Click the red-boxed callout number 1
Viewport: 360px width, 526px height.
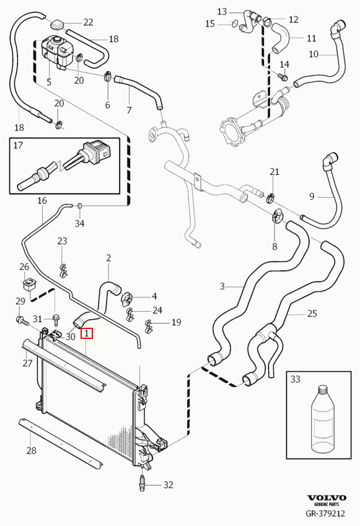(x=87, y=333)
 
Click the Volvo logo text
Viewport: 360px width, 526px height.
(x=327, y=498)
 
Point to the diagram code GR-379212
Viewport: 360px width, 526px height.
(x=325, y=514)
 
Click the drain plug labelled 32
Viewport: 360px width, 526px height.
(x=143, y=483)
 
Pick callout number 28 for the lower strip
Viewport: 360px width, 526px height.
(x=31, y=450)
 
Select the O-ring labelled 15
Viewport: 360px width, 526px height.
(x=235, y=24)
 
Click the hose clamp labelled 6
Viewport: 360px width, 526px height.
(x=108, y=76)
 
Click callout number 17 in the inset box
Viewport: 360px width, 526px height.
(x=18, y=146)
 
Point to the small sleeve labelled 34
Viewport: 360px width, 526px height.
(x=80, y=205)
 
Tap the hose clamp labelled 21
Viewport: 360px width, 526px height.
(x=270, y=198)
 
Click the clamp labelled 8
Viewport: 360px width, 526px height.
(x=277, y=216)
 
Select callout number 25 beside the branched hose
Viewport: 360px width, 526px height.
(x=312, y=313)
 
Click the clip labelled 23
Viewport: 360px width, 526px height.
(x=63, y=271)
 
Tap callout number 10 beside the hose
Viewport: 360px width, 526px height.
(x=314, y=54)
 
